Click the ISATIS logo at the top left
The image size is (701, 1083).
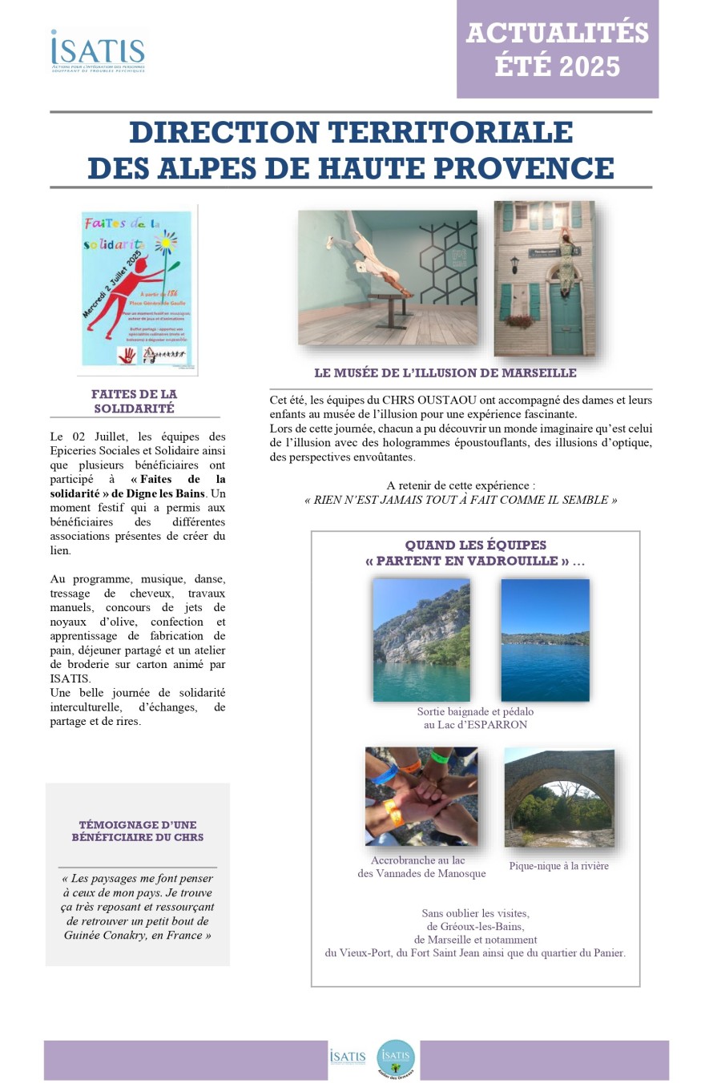pos(98,52)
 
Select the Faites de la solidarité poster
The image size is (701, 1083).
pos(137,288)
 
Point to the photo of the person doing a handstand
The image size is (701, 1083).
pos(387,277)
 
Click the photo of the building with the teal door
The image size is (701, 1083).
pos(544,278)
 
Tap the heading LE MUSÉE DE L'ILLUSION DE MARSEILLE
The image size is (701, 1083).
pos(445,373)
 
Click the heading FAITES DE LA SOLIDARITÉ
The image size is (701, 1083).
pos(134,401)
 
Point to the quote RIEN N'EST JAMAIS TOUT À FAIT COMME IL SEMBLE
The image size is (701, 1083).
pos(461,500)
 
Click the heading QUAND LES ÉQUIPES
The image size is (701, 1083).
pos(475,546)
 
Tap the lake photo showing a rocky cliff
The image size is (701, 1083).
pos(421,640)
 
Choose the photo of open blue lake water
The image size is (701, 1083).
pos(545,640)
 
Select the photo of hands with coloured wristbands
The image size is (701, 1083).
pos(421,796)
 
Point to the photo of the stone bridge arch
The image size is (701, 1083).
pos(559,797)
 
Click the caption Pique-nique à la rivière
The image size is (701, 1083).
pos(558,866)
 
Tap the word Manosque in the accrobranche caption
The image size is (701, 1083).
pos(459,874)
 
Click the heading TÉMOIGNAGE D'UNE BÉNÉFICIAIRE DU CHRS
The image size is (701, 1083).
pos(137,831)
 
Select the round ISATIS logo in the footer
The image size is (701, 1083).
pos(396,1057)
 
